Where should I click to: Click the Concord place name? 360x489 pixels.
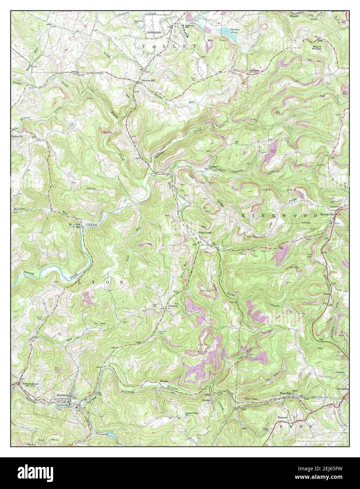pyautogui.click(x=173, y=306)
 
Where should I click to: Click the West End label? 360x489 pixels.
pyautogui.click(x=286, y=392)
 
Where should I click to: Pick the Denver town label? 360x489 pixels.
pyautogui.click(x=283, y=417)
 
